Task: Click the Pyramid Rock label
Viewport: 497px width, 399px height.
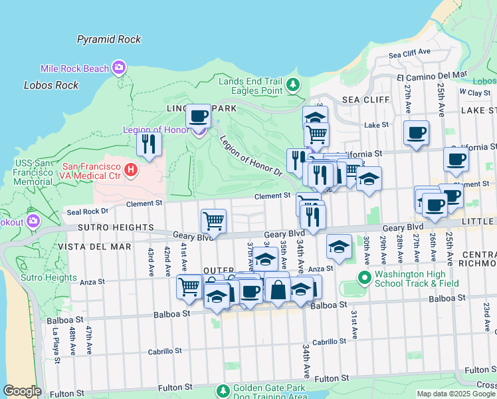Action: coord(109,39)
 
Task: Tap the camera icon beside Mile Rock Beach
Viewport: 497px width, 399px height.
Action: coord(120,67)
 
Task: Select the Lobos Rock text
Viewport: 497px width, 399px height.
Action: coord(51,85)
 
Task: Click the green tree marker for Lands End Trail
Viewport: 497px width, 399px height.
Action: coord(293,85)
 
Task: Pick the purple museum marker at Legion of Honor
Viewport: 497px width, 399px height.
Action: coord(199,130)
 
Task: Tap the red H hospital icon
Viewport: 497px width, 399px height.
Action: coord(131,171)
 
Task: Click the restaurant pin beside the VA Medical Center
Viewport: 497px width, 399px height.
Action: coord(149,144)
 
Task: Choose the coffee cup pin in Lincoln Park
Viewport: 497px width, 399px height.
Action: coord(197,116)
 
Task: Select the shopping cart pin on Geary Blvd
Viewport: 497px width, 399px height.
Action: coord(213,220)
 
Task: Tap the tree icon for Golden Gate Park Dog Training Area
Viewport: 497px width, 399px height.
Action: coord(224,390)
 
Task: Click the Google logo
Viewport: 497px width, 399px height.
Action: coord(22,391)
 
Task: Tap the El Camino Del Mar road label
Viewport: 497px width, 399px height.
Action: coord(431,76)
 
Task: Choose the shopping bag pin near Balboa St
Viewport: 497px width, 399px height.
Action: coord(277,289)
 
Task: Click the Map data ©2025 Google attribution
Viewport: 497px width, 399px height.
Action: coord(455,394)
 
